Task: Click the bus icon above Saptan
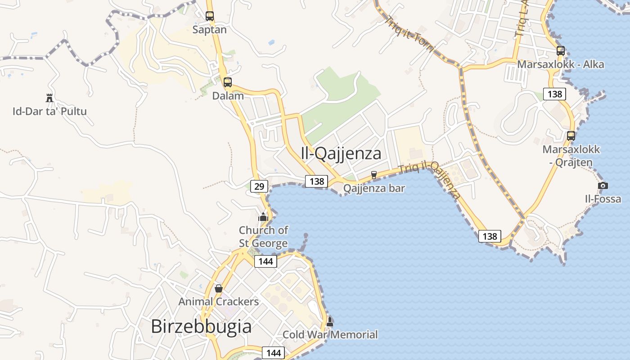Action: coord(210,16)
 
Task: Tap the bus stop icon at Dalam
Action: coord(228,82)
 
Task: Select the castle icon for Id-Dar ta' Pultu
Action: coord(49,97)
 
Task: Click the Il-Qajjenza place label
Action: coord(341,153)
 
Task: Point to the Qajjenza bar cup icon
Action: coord(373,175)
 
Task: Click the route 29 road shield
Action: coord(259,186)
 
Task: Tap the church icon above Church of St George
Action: coord(263,217)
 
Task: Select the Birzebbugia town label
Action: coord(201,326)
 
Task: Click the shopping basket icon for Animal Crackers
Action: coord(219,288)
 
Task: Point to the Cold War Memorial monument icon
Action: coord(330,321)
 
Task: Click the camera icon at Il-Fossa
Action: coord(603,185)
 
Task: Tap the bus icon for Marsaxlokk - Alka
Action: coord(561,51)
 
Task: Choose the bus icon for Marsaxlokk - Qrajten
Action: coord(571,135)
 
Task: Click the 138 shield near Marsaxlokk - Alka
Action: coord(555,94)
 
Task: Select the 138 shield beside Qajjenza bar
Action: coord(316,181)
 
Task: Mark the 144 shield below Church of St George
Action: coord(265,261)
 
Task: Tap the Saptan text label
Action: coord(210,30)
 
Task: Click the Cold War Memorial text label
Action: coord(330,334)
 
